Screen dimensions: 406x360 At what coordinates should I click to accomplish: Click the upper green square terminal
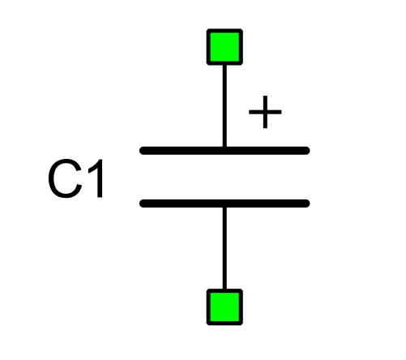[224, 47]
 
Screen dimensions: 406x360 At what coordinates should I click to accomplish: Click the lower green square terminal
[224, 307]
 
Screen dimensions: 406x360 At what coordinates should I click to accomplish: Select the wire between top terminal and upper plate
[224, 105]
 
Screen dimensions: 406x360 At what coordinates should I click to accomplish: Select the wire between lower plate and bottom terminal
[224, 248]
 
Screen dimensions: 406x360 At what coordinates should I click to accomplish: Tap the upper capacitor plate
[224, 151]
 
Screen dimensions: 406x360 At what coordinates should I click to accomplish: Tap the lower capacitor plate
[224, 204]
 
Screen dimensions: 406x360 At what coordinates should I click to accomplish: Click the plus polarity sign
[265, 112]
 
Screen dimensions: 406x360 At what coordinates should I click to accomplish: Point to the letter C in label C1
[65, 178]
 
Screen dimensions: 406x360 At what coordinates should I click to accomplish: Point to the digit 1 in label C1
[96, 178]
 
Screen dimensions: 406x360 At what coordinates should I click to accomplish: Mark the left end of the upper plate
[140, 151]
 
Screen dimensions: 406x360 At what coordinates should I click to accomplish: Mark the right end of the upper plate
[309, 151]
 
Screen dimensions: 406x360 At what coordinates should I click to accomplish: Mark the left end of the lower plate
[140, 204]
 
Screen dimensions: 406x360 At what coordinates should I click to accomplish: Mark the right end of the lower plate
[309, 204]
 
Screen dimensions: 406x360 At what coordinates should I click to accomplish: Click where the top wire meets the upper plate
[224, 147]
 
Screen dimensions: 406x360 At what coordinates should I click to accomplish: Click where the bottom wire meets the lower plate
[224, 207]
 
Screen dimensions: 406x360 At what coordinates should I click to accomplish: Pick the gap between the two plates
[224, 177]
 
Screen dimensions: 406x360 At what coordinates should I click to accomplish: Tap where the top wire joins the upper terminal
[224, 65]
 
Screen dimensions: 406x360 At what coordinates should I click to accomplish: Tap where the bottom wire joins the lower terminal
[224, 289]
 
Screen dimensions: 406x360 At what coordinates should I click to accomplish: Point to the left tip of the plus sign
[250, 112]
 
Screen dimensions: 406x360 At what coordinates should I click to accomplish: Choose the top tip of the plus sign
[265, 96]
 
